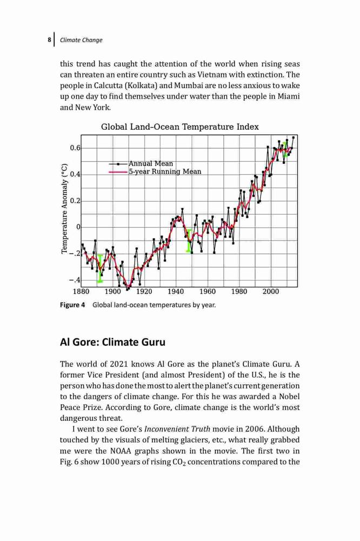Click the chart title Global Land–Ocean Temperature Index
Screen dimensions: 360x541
click(179, 127)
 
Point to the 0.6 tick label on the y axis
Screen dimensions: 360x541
click(75, 148)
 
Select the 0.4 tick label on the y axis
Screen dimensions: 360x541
click(75, 174)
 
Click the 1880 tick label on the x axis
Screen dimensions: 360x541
click(81, 292)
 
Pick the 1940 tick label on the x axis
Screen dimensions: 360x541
click(176, 292)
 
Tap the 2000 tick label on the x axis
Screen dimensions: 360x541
click(271, 292)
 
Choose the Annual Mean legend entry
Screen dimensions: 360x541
click(141, 163)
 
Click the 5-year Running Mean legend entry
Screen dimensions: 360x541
click(155, 171)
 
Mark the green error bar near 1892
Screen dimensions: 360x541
click(100, 268)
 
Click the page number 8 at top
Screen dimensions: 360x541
click(49, 39)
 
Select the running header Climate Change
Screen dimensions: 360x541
click(81, 40)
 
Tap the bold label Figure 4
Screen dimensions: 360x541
click(72, 305)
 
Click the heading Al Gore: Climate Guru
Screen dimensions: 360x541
click(113, 342)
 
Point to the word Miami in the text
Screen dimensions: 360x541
click(289, 96)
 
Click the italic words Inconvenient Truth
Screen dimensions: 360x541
click(177, 429)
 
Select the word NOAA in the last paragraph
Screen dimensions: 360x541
click(121, 451)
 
